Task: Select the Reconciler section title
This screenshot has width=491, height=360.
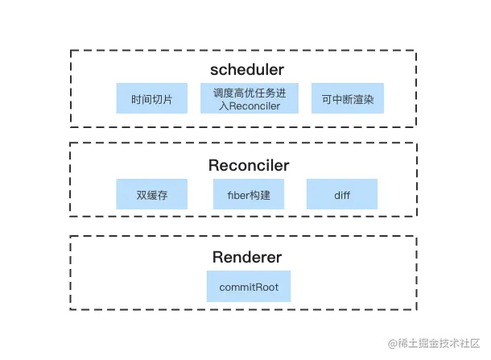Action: pyautogui.click(x=249, y=166)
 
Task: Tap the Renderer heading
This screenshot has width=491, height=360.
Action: pyautogui.click(x=248, y=258)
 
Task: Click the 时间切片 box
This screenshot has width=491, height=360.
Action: pyautogui.click(x=151, y=99)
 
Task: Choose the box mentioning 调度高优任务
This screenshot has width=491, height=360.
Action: pyautogui.click(x=249, y=99)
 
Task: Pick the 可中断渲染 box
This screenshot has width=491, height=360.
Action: pyautogui.click(x=348, y=99)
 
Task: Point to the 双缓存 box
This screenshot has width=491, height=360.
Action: pyautogui.click(x=151, y=194)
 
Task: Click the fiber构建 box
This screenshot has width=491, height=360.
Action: pyautogui.click(x=249, y=194)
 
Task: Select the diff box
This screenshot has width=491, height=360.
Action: pyautogui.click(x=341, y=194)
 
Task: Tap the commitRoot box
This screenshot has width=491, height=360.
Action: pyautogui.click(x=248, y=287)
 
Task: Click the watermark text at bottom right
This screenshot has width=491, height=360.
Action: pyautogui.click(x=433, y=345)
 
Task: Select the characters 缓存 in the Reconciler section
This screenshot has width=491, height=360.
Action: pyautogui.click(x=157, y=194)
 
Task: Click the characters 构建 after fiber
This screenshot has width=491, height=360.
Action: pyautogui.click(x=261, y=194)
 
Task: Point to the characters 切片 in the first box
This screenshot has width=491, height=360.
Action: pyautogui.click(x=162, y=99)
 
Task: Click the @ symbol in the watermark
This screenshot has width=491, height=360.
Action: pyautogui.click(x=392, y=345)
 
